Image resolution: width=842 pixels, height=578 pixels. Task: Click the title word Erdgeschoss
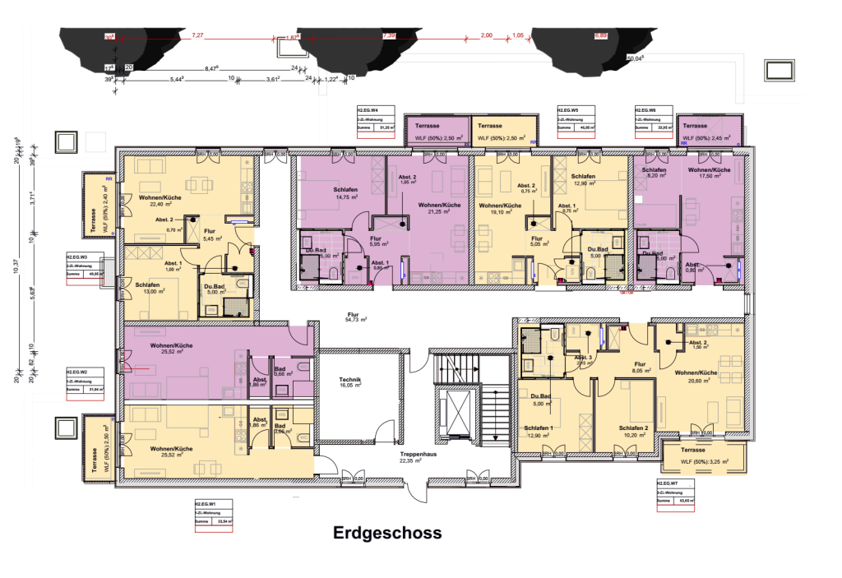click(x=386, y=533)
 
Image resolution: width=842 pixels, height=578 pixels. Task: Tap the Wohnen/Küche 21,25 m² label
click(x=437, y=207)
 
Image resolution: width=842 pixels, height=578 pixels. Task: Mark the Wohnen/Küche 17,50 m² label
click(x=706, y=171)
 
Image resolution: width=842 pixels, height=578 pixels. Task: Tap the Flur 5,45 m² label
click(x=213, y=234)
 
